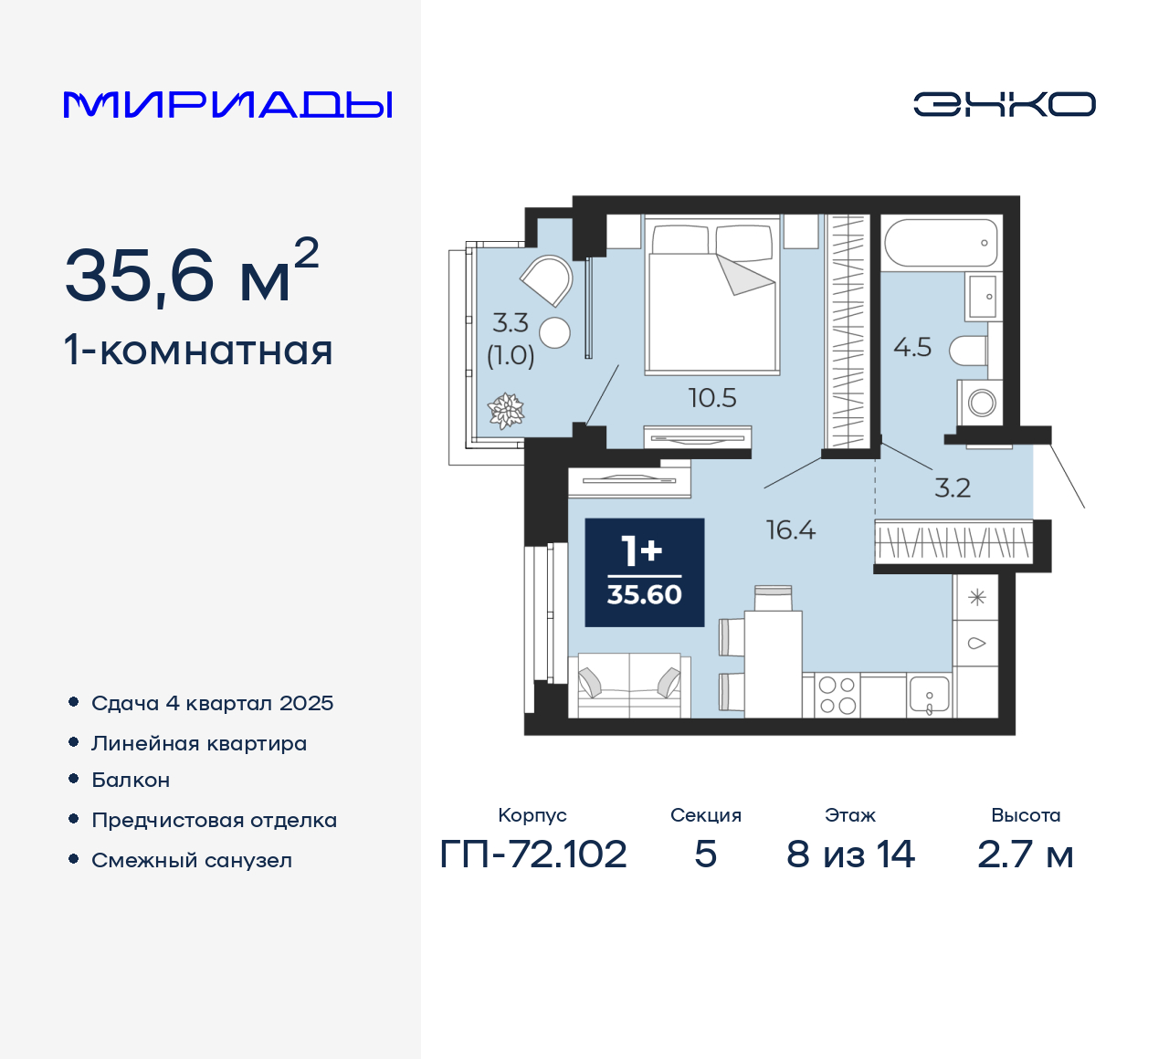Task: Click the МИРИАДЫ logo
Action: coord(228,104)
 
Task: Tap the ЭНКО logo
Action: coord(1004,104)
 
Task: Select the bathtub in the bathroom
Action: coord(941,243)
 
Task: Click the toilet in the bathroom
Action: coord(969,351)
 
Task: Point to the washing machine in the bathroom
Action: coord(980,402)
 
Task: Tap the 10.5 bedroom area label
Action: coord(712,398)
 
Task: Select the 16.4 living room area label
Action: coord(791,530)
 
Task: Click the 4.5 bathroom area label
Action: coord(912,348)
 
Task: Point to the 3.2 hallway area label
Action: coord(952,488)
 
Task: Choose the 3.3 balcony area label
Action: coord(511,323)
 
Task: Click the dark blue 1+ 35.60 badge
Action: coord(645,572)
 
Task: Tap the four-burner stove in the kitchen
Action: coord(837,696)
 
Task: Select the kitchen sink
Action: coord(930,696)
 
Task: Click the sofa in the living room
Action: coord(629,686)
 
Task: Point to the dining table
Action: coord(773,662)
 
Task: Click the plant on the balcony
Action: coord(506,411)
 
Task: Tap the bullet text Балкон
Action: coord(131,780)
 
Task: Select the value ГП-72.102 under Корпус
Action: coord(533,855)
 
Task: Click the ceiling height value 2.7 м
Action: coord(1025,855)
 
